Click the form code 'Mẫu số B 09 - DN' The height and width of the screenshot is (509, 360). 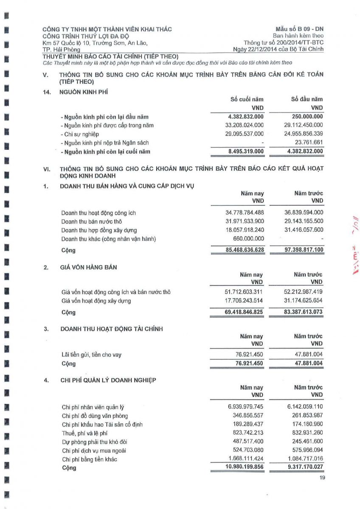(x=299, y=29)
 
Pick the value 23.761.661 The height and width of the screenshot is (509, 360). (x=309, y=143)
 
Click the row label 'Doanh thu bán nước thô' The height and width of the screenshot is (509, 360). (x=92, y=222)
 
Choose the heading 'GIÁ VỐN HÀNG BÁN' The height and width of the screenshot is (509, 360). (x=89, y=267)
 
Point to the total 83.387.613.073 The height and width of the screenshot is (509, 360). (x=302, y=313)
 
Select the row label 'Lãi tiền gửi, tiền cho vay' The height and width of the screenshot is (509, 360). (x=91, y=355)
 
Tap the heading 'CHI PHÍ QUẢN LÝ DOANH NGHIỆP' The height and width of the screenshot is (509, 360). (x=108, y=380)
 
